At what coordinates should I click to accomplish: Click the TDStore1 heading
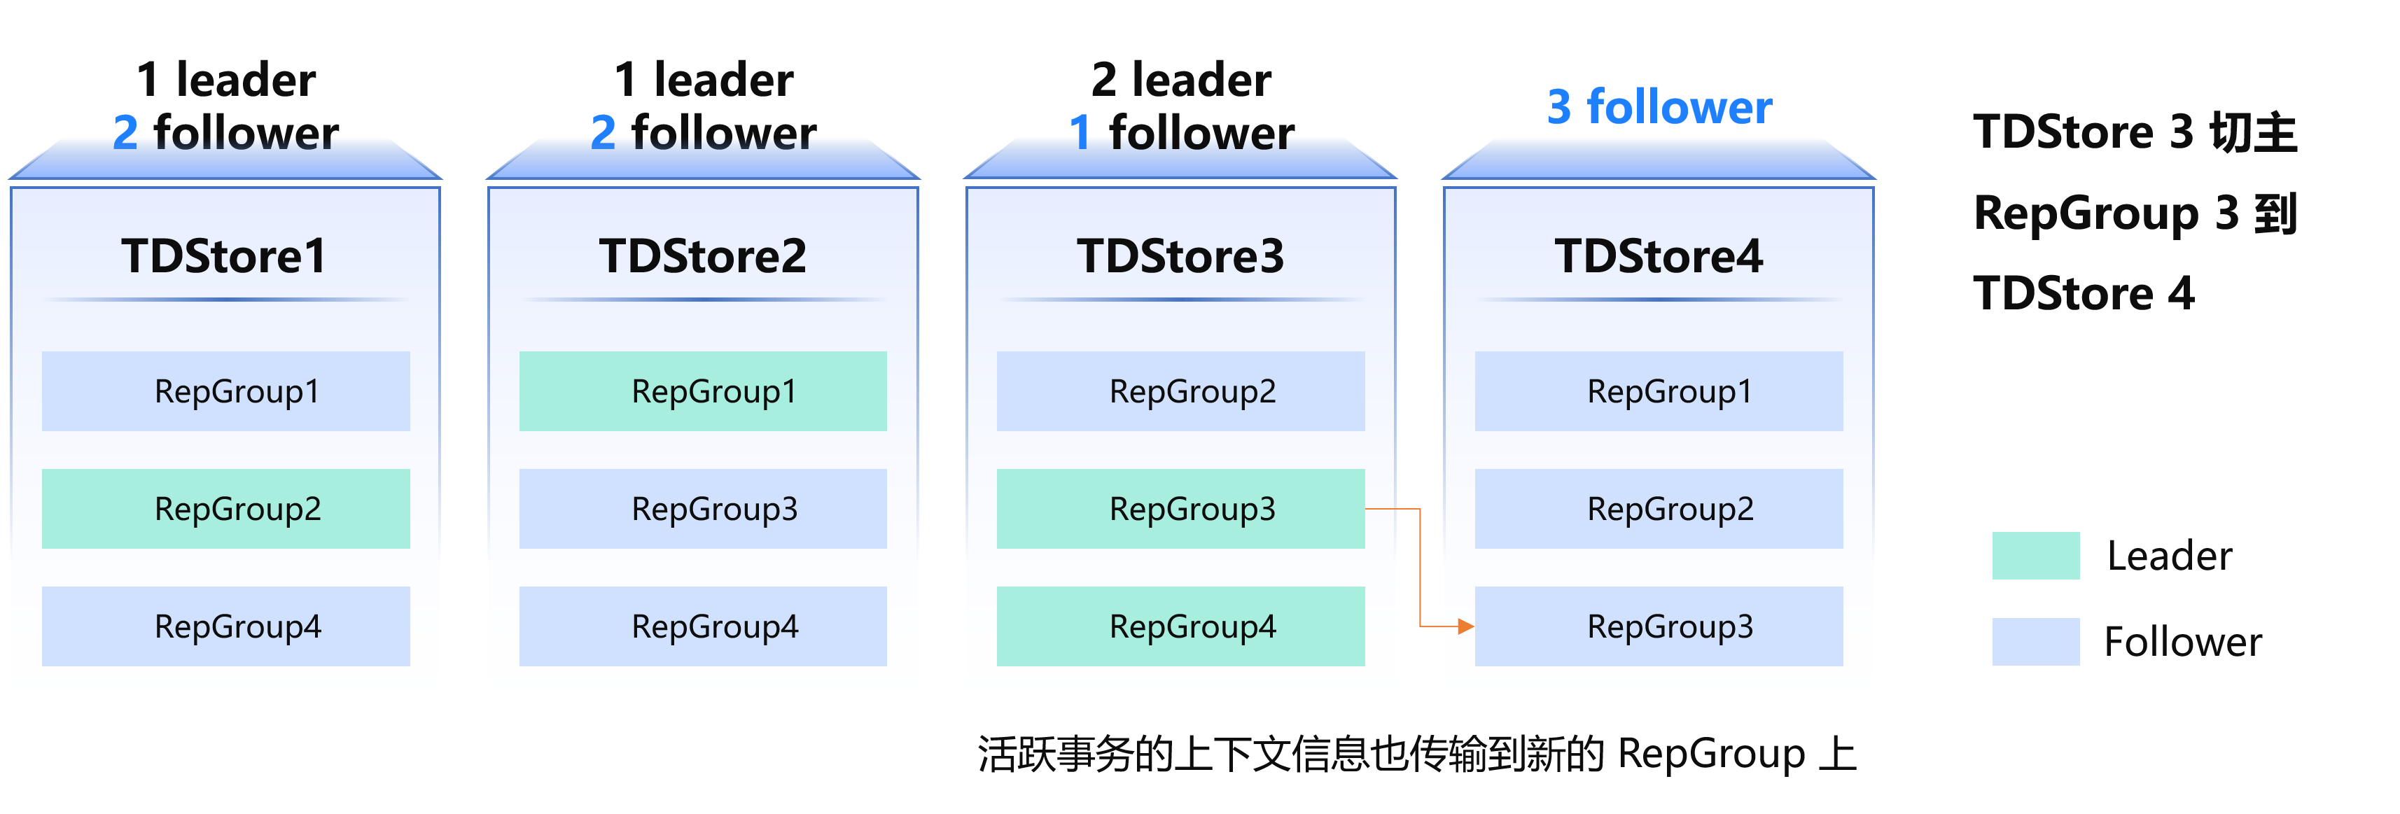(x=223, y=256)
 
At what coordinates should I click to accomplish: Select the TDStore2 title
(x=702, y=256)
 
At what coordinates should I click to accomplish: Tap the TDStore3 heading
(x=1180, y=256)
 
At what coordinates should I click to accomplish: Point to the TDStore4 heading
(x=1659, y=256)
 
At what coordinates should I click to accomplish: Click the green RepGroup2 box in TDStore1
(x=225, y=509)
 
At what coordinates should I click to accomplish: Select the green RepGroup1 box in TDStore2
(x=702, y=391)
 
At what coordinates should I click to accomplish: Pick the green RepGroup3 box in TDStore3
(x=1180, y=509)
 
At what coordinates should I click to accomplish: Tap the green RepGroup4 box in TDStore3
(x=1180, y=626)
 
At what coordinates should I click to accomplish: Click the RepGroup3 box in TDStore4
(x=1659, y=626)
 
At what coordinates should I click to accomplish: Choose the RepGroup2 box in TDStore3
(x=1180, y=391)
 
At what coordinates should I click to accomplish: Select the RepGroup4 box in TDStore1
(x=225, y=626)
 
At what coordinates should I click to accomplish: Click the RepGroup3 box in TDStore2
(x=702, y=509)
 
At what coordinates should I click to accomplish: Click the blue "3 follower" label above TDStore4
(x=1659, y=107)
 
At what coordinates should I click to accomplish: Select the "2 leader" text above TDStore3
(x=1180, y=79)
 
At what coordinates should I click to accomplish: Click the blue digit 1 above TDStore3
(x=1079, y=133)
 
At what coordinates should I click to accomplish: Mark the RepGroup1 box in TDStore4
(x=1659, y=391)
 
